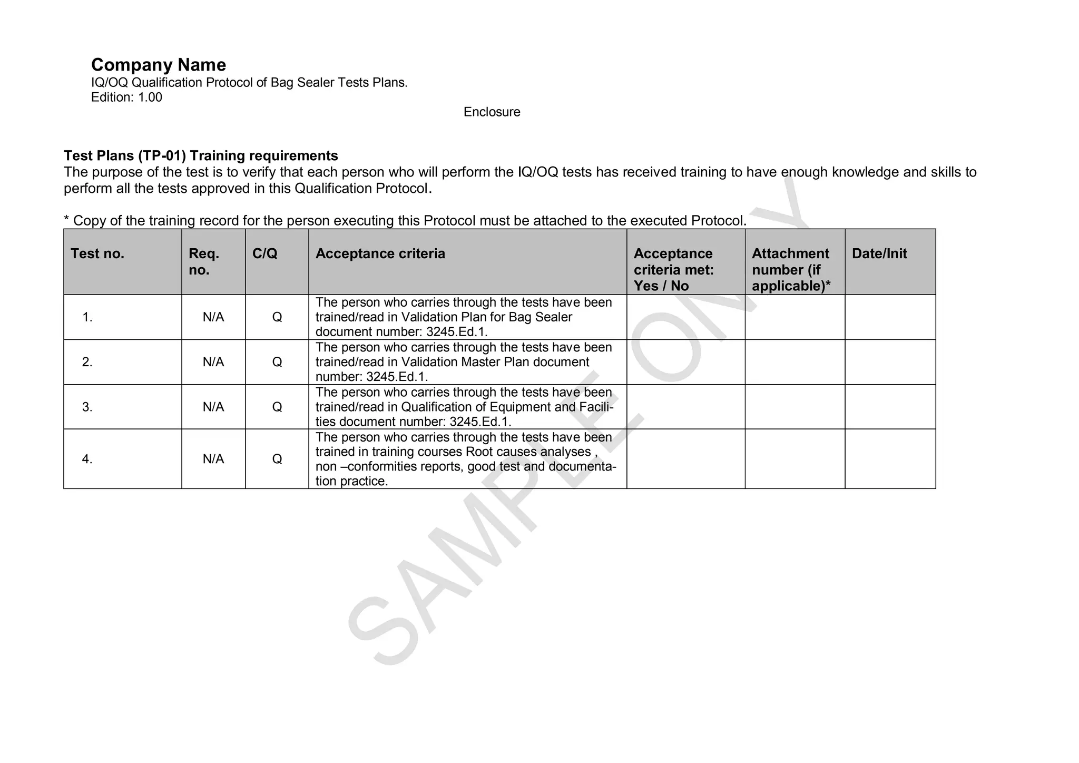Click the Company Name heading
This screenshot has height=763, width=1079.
(x=159, y=65)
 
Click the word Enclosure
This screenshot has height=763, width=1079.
(x=492, y=112)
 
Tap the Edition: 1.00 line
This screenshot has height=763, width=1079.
(x=126, y=97)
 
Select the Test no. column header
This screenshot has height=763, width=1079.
(x=97, y=253)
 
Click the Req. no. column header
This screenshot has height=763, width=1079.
(x=204, y=261)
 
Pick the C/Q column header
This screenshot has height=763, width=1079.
(x=265, y=253)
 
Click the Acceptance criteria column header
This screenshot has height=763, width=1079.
(x=380, y=253)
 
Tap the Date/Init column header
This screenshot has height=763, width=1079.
(x=879, y=253)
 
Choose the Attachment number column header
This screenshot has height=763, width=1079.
(x=790, y=269)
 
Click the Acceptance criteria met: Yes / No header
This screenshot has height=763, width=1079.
(x=673, y=269)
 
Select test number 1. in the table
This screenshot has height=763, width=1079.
(x=87, y=317)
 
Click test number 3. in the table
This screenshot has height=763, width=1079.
(x=87, y=407)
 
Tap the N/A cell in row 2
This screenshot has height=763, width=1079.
(x=213, y=362)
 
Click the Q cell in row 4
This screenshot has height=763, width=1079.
(x=277, y=459)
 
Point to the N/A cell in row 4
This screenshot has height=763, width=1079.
(x=213, y=459)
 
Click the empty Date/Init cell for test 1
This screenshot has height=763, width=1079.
(x=890, y=317)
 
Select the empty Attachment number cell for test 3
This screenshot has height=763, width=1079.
(x=794, y=407)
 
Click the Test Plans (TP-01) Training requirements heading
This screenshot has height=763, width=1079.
(x=201, y=156)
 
